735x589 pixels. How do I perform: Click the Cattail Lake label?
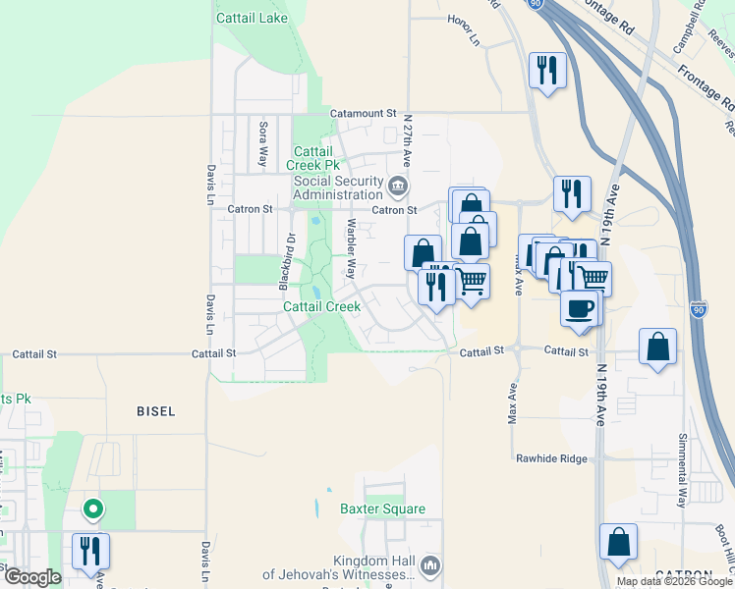252,18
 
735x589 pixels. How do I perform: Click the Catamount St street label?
363,114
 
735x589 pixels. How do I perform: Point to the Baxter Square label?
382,509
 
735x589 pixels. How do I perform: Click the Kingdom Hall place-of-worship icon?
430,565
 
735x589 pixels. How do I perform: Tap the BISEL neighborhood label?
156,412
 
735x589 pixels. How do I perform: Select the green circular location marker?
92,509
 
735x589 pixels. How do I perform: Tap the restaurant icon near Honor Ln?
547,70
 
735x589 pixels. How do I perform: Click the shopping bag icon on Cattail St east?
657,347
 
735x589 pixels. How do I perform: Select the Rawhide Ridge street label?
551,458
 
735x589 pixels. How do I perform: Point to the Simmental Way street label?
682,469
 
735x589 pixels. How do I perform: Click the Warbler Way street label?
350,248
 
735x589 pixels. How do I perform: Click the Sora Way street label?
262,142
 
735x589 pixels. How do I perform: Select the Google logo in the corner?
31,577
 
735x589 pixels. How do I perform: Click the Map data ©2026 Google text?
675,581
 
